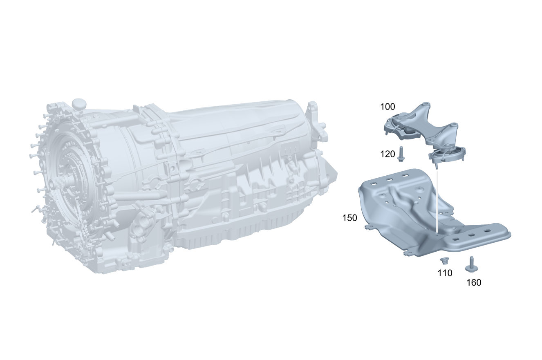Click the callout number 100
(387, 107)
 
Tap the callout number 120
(387, 154)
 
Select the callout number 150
(349, 218)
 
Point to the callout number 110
(445, 273)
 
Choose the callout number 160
(474, 283)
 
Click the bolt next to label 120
(401, 154)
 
